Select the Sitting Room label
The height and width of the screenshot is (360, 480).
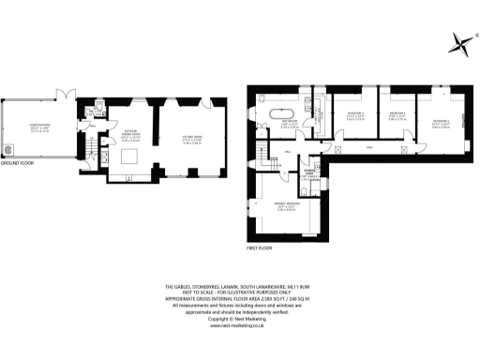point(192,142)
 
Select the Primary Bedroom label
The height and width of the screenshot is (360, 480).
point(287,211)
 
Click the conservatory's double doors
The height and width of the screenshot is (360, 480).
point(65,94)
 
